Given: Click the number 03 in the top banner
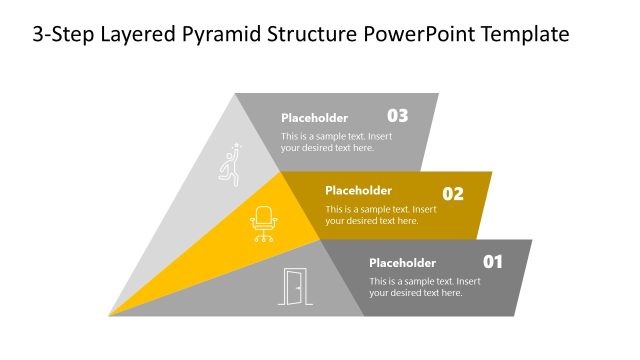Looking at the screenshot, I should coord(397,115).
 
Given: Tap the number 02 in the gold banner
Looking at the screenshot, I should coord(453,194).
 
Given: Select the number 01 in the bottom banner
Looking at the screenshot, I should coord(493,262).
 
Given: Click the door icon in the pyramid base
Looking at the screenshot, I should coord(292,287).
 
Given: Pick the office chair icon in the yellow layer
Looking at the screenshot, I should coord(264,223).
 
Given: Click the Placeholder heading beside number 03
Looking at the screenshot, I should coord(314,117).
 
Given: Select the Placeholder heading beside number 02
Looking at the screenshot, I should coord(358,190).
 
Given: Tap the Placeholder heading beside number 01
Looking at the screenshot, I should coord(402,263).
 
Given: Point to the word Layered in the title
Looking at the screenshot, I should coord(130,34).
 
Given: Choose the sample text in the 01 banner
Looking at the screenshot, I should coord(424,287).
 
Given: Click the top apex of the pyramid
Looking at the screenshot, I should coord(236,95).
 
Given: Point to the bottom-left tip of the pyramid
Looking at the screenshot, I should coord(110,315).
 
